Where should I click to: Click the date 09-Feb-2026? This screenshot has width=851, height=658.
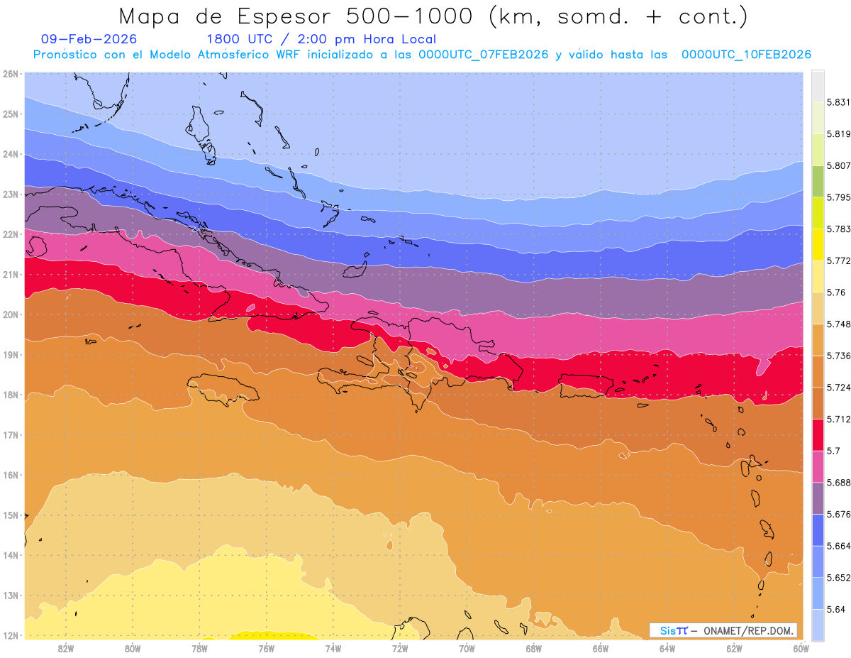point(89,39)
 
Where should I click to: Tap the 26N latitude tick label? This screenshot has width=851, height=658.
point(11,74)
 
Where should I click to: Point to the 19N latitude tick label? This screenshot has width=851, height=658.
point(11,354)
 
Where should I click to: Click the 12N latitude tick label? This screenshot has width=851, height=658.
point(11,635)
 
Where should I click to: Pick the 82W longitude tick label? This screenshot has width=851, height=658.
point(66,648)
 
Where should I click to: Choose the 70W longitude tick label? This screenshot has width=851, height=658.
point(467,648)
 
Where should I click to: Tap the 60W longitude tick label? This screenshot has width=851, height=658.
point(801,648)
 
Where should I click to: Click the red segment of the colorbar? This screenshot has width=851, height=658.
point(818,434)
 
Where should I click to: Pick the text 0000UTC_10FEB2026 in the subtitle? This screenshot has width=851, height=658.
point(746,55)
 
